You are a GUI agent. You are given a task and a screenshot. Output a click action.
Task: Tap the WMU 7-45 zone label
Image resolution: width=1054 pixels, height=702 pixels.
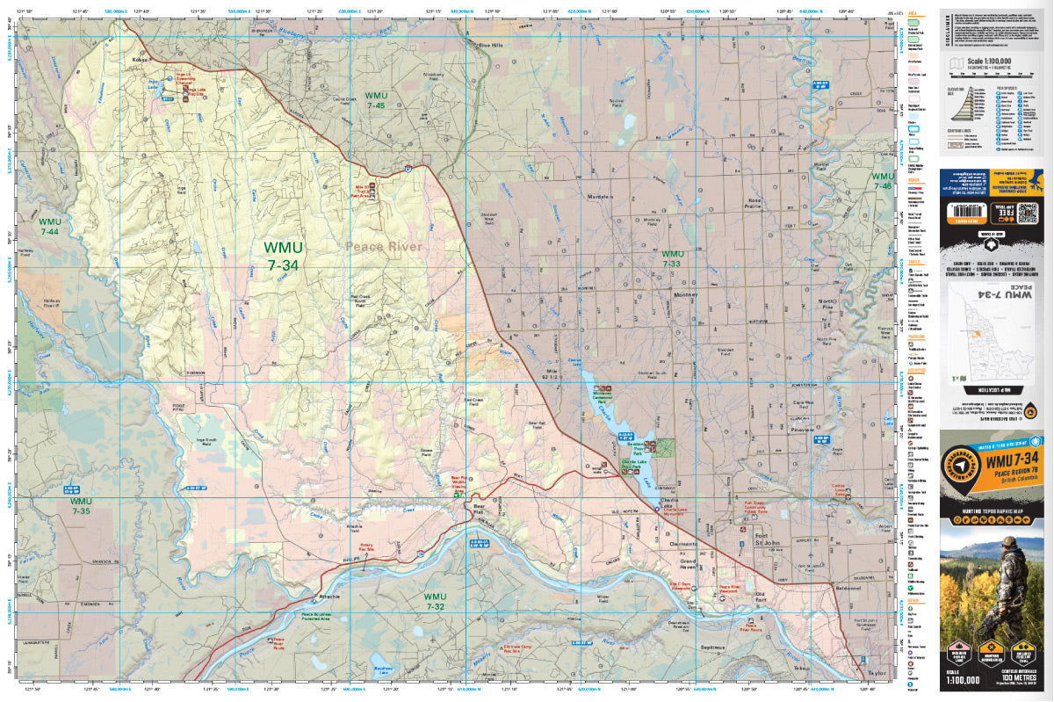pos(376,100)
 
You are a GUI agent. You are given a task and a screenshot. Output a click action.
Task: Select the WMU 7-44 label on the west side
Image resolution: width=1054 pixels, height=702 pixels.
pos(50,226)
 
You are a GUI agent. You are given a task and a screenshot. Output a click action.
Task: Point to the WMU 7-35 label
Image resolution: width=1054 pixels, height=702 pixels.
pos(81,506)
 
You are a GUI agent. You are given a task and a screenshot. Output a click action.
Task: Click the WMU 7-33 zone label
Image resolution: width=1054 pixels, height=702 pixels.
pos(672,258)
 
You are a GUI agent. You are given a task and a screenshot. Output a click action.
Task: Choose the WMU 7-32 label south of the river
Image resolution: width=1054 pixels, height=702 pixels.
pos(436,601)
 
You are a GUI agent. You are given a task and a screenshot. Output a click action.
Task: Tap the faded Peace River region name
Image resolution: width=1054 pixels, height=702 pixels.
pos(383,247)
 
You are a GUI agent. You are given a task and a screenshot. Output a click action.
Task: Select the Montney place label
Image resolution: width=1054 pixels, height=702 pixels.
pos(684,295)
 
